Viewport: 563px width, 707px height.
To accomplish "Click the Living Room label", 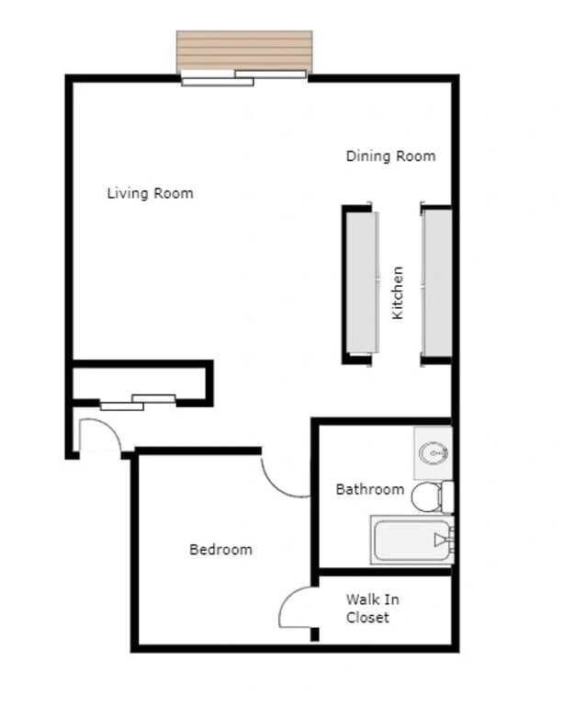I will [150, 193].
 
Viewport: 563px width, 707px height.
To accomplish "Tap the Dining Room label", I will [390, 156].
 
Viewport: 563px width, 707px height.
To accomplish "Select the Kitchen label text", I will [398, 292].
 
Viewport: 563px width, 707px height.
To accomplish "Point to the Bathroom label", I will [369, 489].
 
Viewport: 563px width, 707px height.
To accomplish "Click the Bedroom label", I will [220, 550].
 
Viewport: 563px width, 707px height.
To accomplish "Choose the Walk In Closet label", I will [372, 609].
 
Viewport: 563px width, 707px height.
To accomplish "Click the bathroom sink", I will [432, 453].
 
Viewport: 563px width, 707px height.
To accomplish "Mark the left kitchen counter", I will [362, 283].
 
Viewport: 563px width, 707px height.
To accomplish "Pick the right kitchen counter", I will [437, 283].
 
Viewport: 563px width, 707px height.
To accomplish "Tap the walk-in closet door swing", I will [297, 608].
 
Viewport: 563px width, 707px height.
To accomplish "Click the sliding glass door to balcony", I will [244, 78].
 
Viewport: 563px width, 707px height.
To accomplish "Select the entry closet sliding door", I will [138, 402].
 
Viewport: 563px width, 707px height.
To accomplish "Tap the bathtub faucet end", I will [444, 541].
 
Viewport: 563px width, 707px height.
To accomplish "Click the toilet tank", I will [447, 497].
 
